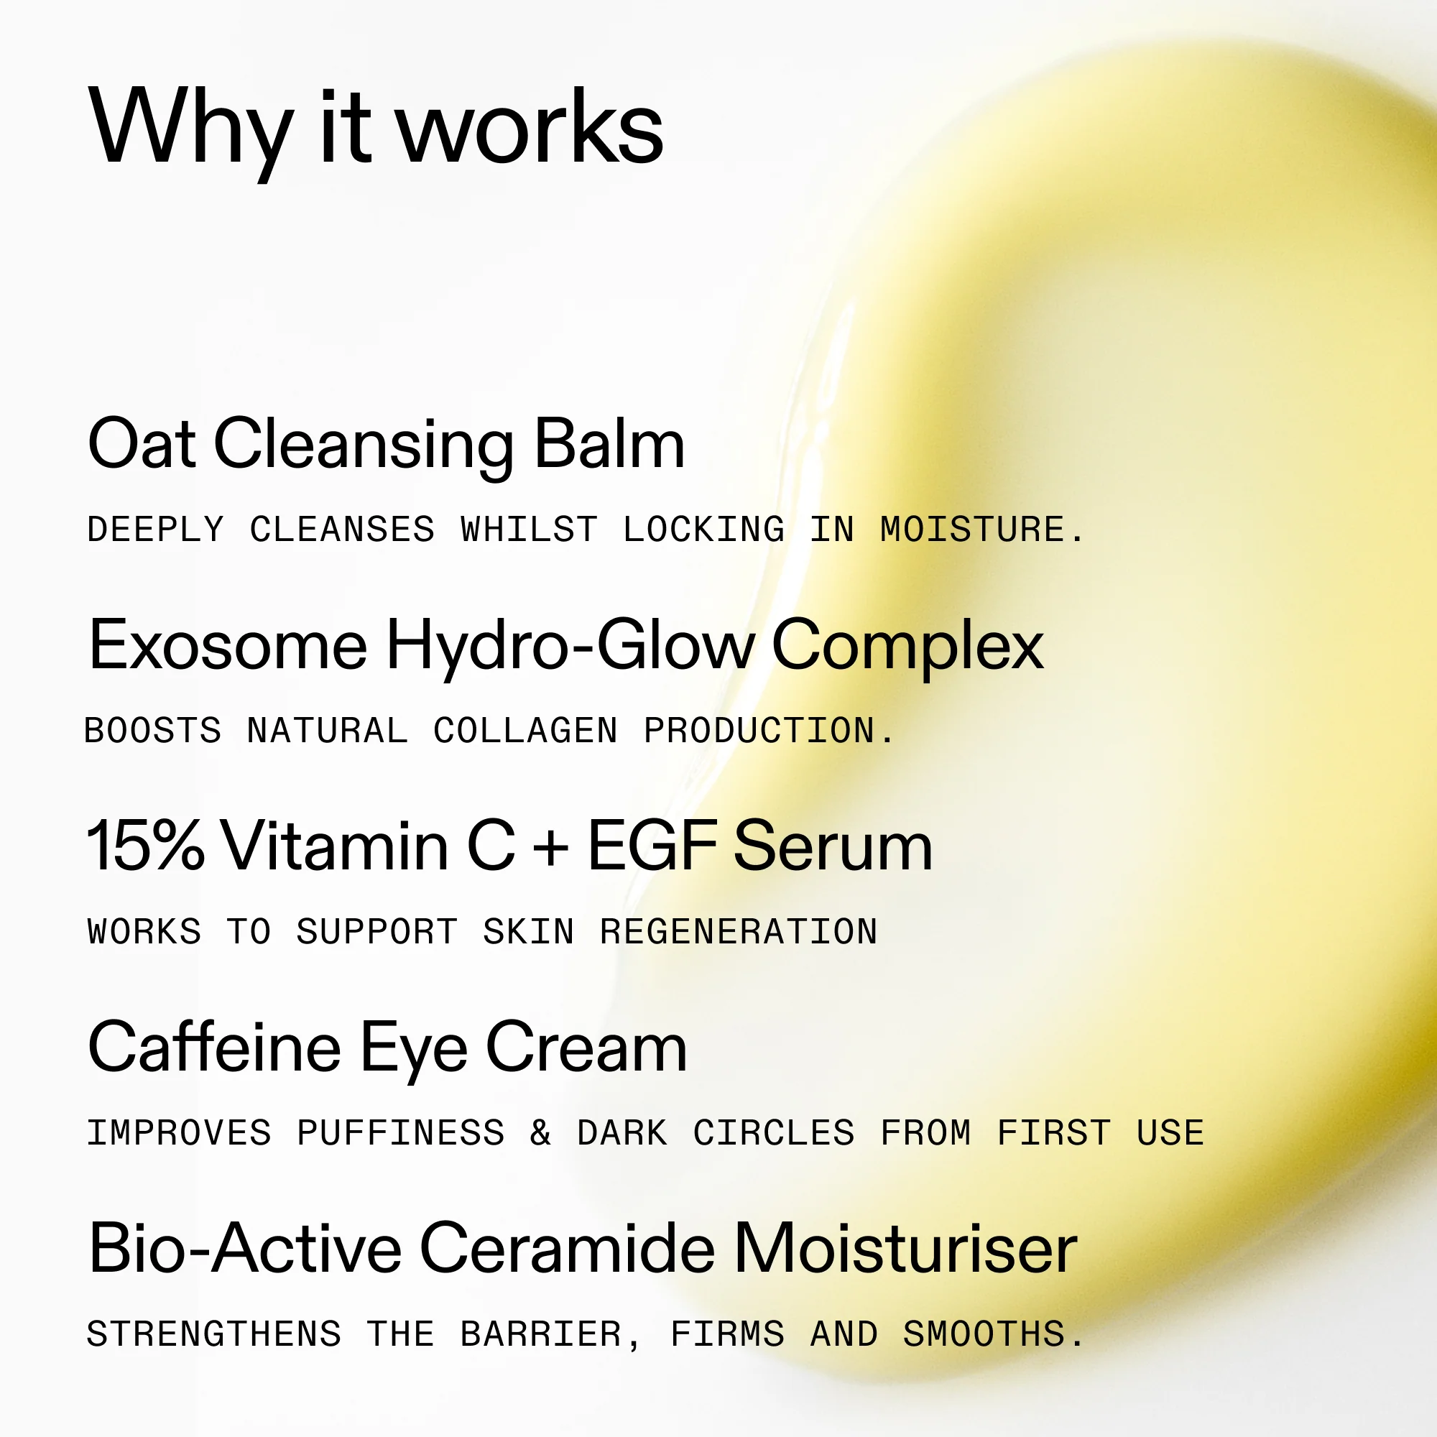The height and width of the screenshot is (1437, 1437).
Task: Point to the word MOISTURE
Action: click(981, 530)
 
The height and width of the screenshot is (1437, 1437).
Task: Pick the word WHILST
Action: click(530, 530)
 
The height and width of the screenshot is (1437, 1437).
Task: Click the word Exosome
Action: click(228, 645)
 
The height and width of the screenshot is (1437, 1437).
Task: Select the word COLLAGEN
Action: click(526, 731)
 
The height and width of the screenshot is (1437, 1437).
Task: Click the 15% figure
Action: click(146, 846)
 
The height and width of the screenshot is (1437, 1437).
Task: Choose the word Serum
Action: click(833, 846)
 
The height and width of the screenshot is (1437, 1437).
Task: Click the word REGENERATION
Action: click(739, 932)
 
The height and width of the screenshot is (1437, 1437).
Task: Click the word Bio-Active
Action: click(246, 1247)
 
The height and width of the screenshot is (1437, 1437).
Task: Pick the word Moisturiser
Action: click(905, 1247)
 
